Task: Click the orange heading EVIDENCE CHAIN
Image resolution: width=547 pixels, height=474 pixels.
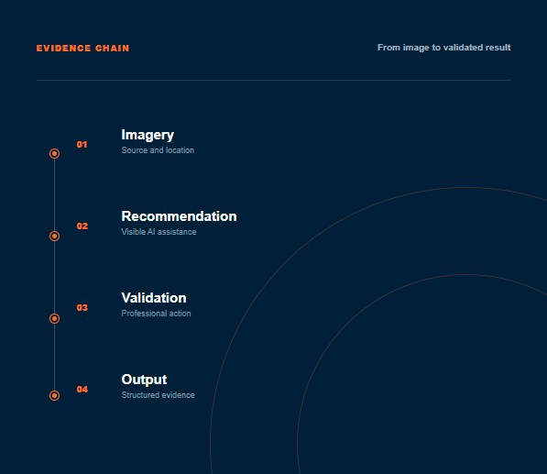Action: tap(82, 49)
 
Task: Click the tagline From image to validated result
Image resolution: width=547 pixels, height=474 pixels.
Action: tap(443, 48)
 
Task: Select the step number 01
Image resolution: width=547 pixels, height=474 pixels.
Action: tap(82, 145)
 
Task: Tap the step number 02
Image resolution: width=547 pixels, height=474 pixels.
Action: tap(82, 226)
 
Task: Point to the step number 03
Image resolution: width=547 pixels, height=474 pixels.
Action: tap(82, 308)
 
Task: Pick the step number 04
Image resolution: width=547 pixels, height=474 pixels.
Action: tap(82, 390)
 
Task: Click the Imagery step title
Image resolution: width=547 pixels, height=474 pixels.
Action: tap(148, 136)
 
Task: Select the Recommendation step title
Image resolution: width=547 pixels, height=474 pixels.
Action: tap(179, 216)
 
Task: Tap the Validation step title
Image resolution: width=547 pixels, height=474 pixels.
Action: tap(154, 298)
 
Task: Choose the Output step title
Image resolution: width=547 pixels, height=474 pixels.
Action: tap(144, 380)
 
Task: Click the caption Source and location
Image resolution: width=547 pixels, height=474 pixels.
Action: tap(158, 150)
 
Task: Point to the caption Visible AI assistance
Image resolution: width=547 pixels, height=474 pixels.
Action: tap(159, 232)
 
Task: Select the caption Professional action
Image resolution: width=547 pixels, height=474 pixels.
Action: tap(156, 314)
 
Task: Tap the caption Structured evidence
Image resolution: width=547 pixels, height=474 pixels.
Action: tap(158, 395)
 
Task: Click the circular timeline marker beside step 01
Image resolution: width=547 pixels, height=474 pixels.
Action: tap(54, 154)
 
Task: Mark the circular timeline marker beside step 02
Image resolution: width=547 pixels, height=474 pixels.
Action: tap(54, 237)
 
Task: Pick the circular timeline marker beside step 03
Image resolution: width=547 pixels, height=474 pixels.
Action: tap(54, 319)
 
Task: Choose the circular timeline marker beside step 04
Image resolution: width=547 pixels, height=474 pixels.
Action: tap(54, 395)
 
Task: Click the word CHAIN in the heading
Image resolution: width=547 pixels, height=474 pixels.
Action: tap(113, 49)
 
